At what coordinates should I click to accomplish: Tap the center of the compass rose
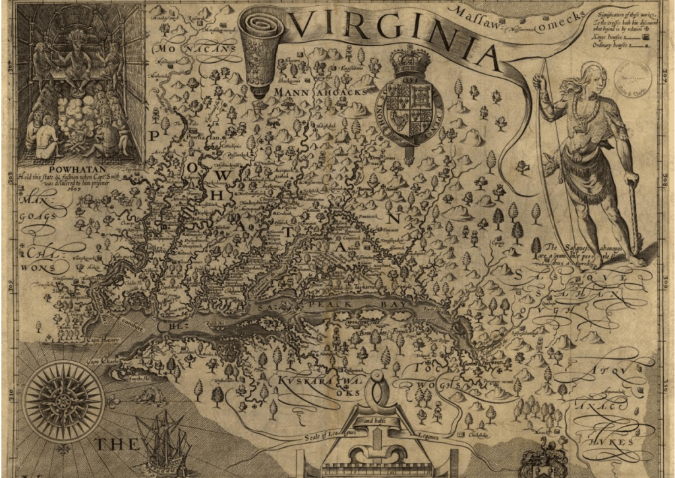[62, 400]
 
